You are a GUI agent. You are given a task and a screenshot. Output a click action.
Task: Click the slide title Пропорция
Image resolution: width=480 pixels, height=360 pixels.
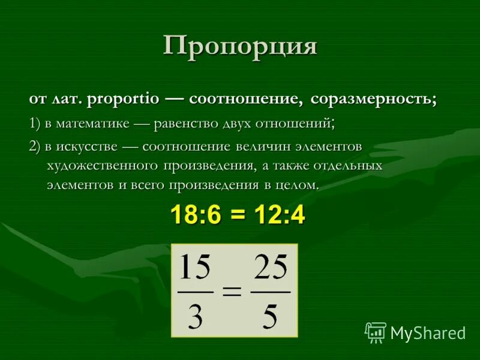tap(240, 46)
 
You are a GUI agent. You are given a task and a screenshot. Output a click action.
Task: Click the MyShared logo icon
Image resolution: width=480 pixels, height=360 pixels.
tap(375, 332)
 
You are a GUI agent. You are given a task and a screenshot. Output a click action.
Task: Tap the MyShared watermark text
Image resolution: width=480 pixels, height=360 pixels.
tap(427, 332)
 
